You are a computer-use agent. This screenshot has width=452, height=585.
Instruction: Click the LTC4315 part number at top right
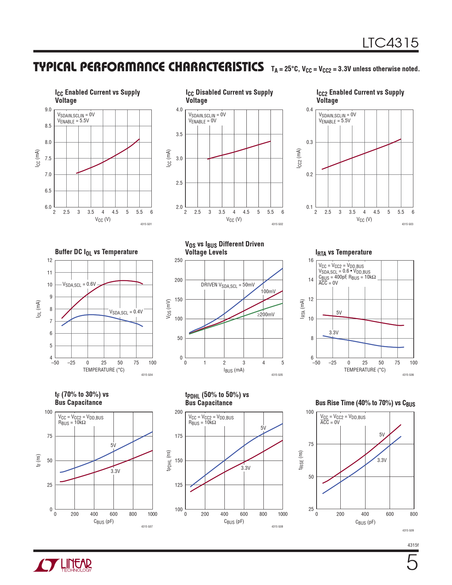click(390, 43)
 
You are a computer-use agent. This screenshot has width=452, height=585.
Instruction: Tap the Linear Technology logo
click(63, 565)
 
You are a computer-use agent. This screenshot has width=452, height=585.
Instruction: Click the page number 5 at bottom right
click(412, 563)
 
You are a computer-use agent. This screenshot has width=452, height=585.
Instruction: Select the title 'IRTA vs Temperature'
click(344, 252)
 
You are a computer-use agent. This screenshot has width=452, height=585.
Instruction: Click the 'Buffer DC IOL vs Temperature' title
click(96, 252)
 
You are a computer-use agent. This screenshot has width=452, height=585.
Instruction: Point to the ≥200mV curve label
click(266, 314)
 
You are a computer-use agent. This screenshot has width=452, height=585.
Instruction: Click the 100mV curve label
click(268, 291)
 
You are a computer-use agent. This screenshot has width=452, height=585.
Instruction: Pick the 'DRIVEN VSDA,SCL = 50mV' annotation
click(228, 285)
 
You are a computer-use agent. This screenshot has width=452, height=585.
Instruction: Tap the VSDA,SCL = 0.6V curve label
click(79, 284)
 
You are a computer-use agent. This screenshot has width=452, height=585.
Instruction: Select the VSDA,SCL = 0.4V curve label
click(126, 312)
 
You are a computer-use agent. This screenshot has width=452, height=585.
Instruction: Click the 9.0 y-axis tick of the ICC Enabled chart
click(48, 110)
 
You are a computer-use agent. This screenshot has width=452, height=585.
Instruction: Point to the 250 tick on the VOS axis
click(179, 260)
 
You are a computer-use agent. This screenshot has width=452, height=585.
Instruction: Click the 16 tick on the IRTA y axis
click(311, 260)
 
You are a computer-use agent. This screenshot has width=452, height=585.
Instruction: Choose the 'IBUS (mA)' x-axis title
click(234, 370)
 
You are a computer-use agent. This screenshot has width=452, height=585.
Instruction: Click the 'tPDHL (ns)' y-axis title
click(169, 461)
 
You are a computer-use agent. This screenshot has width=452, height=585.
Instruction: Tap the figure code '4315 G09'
click(408, 530)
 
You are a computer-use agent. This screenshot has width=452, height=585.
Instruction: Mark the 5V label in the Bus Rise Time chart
click(382, 435)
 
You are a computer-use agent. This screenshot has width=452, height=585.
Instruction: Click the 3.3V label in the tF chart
click(115, 471)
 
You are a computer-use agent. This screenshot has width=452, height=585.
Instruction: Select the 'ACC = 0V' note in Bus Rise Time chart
click(330, 422)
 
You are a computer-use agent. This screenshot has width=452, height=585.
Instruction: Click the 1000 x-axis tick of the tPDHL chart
click(283, 514)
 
